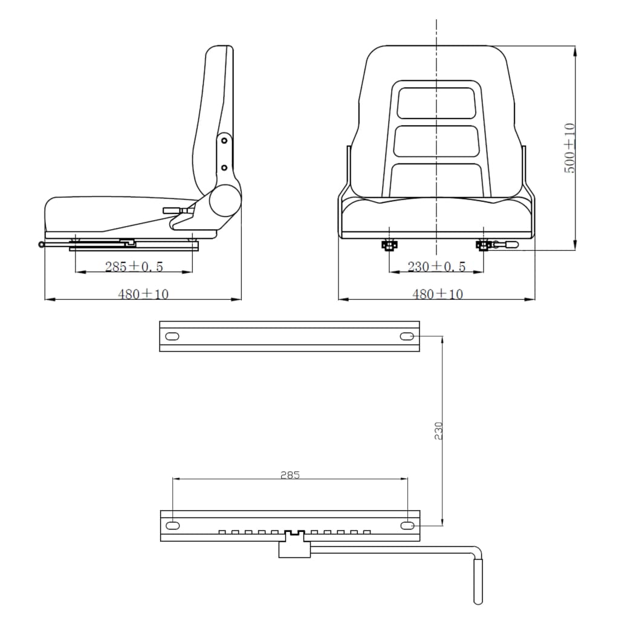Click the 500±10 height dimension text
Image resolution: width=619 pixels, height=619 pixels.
pyautogui.click(x=569, y=148)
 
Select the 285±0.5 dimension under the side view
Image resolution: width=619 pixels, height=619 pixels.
pyautogui.click(x=134, y=266)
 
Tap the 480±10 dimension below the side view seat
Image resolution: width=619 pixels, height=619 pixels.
pyautogui.click(x=143, y=294)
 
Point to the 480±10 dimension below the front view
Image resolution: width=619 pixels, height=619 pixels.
pyautogui.click(x=437, y=294)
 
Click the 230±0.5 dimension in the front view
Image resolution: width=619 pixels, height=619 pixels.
pyautogui.click(x=436, y=266)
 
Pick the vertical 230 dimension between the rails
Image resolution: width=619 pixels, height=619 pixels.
pyautogui.click(x=439, y=430)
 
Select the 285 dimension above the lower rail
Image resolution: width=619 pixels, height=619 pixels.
pyautogui.click(x=290, y=475)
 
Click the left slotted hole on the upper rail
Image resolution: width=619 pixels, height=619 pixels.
pyautogui.click(x=172, y=337)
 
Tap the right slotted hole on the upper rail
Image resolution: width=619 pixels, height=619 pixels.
pyautogui.click(x=407, y=337)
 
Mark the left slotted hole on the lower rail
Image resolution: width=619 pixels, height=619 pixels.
pyautogui.click(x=173, y=525)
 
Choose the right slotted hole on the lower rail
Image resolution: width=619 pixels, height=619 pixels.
pyautogui.click(x=407, y=525)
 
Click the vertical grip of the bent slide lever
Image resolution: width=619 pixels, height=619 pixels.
pyautogui.click(x=478, y=580)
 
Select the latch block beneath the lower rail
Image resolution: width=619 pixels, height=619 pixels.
pyautogui.click(x=294, y=548)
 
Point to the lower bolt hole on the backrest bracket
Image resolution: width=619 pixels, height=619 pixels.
pyautogui.click(x=224, y=167)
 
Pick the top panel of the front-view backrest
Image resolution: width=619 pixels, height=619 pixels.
pyautogui.click(x=436, y=103)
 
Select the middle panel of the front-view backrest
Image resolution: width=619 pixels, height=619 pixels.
pyautogui.click(x=436, y=140)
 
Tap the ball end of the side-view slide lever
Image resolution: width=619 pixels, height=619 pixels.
pyautogui.click(x=41, y=245)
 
